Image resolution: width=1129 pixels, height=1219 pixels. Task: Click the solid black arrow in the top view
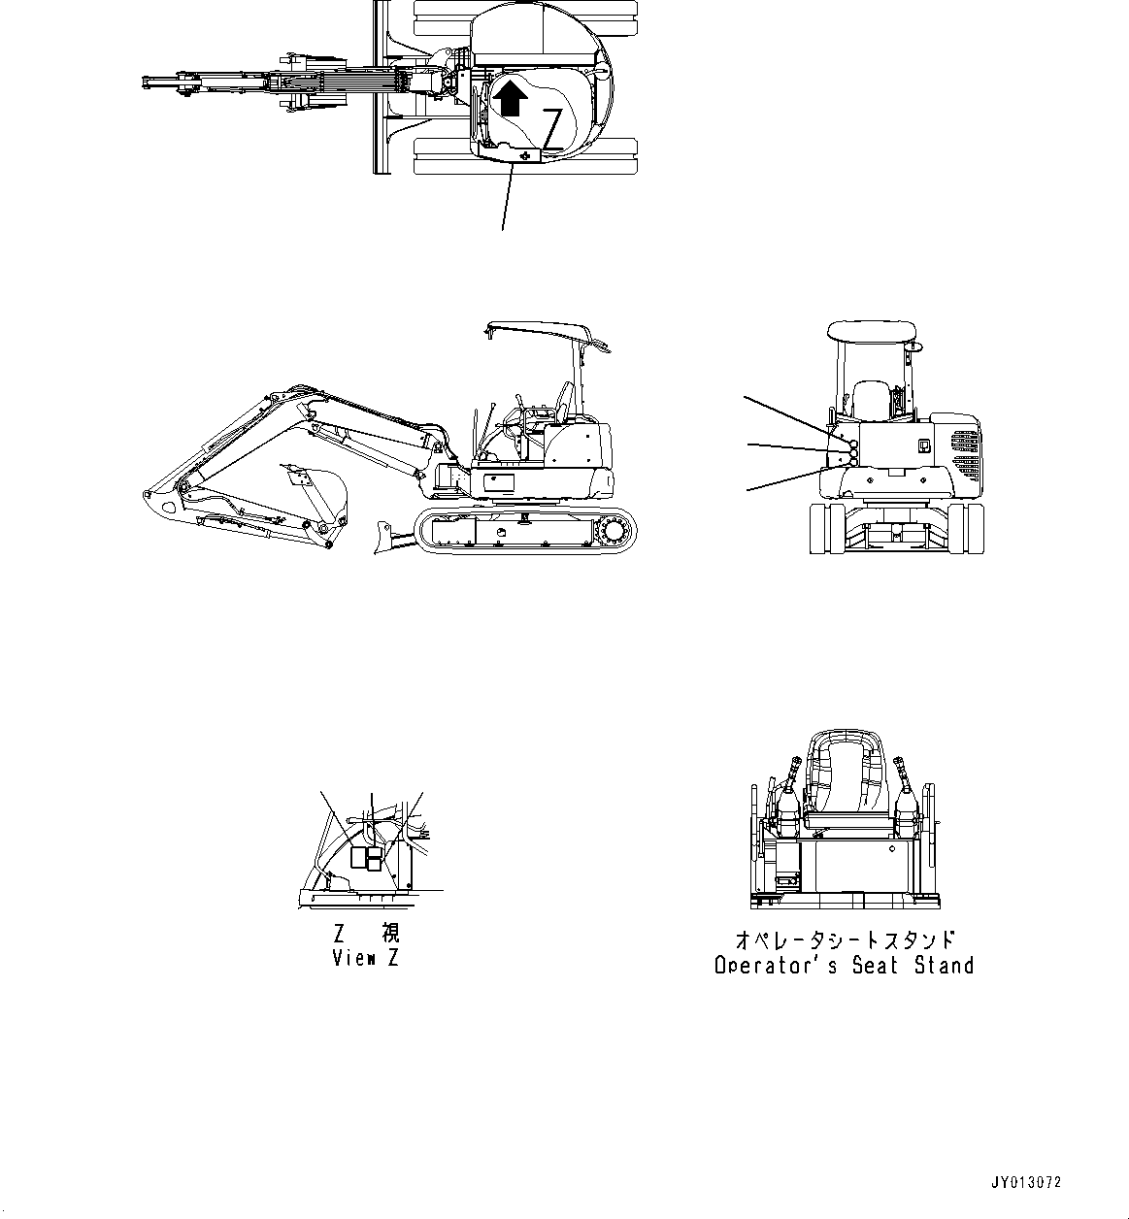click(x=510, y=96)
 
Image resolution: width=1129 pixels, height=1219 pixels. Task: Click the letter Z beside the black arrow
click(x=551, y=128)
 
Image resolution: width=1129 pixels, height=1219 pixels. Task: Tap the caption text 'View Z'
click(x=366, y=958)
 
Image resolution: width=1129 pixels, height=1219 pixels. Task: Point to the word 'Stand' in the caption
click(x=943, y=966)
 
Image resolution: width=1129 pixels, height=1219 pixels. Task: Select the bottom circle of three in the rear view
click(x=853, y=463)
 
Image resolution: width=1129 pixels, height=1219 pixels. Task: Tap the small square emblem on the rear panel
click(x=923, y=446)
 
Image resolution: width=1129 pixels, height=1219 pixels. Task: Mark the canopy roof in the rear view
click(x=871, y=330)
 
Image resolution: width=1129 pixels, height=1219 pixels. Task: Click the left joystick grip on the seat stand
click(x=792, y=766)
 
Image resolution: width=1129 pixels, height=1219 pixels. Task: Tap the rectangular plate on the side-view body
click(x=500, y=483)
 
